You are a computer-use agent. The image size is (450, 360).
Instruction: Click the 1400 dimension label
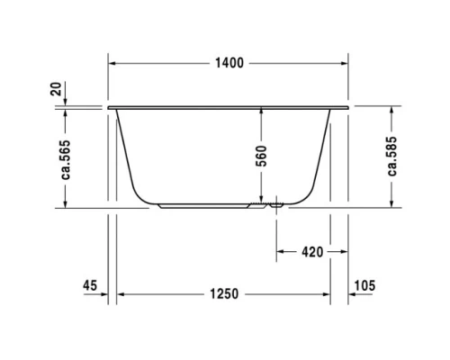(229, 64)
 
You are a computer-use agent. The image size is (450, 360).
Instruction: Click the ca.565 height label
(67, 160)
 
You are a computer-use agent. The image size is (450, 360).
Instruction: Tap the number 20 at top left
(57, 89)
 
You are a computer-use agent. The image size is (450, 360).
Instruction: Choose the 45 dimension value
(89, 285)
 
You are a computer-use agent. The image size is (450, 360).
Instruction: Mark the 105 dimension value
(364, 285)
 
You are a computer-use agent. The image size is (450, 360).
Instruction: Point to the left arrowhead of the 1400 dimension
(112, 64)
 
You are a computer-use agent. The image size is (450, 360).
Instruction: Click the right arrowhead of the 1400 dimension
(345, 64)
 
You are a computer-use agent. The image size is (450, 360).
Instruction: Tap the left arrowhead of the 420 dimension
(279, 251)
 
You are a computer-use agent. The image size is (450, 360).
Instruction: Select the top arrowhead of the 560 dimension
(262, 112)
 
